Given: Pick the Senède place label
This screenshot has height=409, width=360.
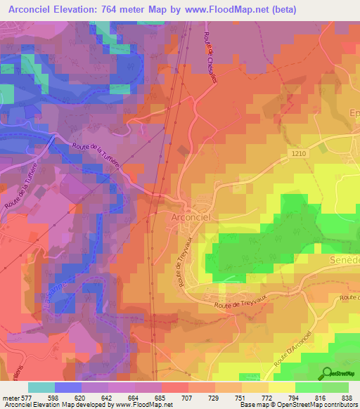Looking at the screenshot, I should [x=344, y=261].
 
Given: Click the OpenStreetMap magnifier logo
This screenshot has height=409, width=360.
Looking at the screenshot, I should [x=326, y=373].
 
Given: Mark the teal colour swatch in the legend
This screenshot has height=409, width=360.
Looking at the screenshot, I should [x=41, y=387].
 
